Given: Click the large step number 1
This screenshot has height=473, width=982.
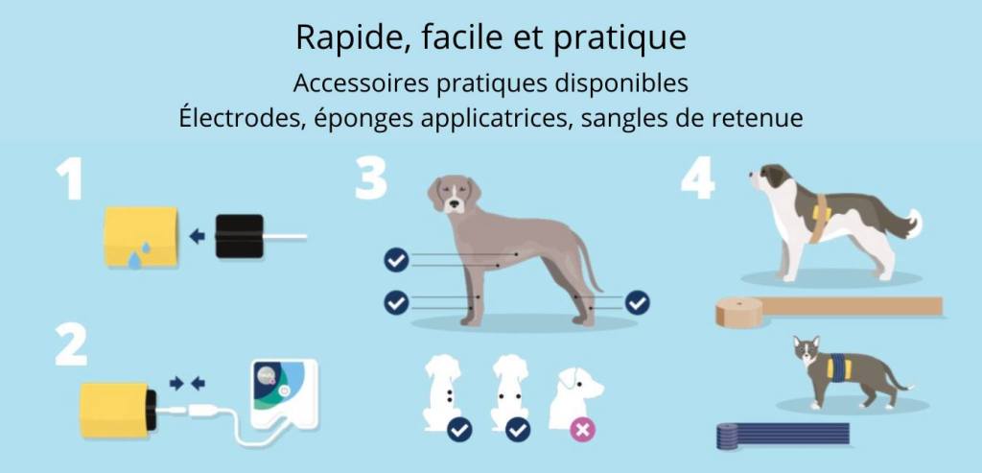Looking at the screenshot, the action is tap(69, 179).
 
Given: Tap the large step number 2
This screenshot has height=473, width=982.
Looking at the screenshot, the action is tap(71, 344).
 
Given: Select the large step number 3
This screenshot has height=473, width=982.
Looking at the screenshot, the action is tap(371, 179).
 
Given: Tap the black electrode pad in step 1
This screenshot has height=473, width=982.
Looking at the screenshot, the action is tap(239, 236).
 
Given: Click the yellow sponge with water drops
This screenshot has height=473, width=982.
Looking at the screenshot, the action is tap(141, 237).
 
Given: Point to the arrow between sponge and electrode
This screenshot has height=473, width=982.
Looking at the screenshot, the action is tap(198, 236).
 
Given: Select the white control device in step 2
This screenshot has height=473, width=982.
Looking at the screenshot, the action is tap(284, 393).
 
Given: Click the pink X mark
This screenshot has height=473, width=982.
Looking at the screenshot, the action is tap(583, 430).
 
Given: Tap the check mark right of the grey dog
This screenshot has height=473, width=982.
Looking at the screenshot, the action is tap(638, 303).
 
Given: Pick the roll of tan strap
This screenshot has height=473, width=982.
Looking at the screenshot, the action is tap(739, 312).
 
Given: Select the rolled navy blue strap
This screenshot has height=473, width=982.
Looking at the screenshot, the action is tap(728, 436).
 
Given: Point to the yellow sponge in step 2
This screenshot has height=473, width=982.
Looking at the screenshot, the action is tap(114, 410).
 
